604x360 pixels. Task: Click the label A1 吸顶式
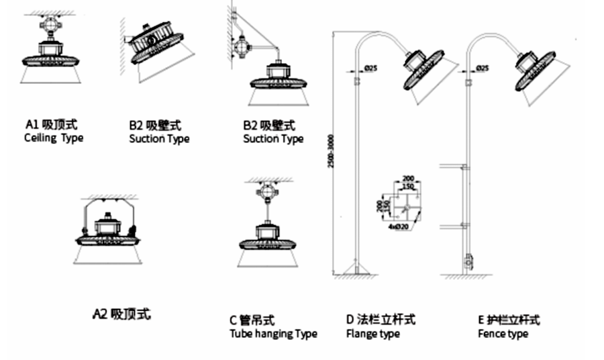pos(52,124)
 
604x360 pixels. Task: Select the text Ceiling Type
pos(54,138)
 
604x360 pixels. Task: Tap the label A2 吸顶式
pos(121,314)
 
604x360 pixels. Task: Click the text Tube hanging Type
pos(273,333)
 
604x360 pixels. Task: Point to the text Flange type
pos(372,333)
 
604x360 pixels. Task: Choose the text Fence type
pos(503,333)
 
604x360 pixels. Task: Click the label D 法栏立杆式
pos(381,320)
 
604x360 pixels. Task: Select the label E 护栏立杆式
pos(509,320)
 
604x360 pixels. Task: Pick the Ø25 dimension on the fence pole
pos(481,69)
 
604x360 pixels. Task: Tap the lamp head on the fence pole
pos(537,69)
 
